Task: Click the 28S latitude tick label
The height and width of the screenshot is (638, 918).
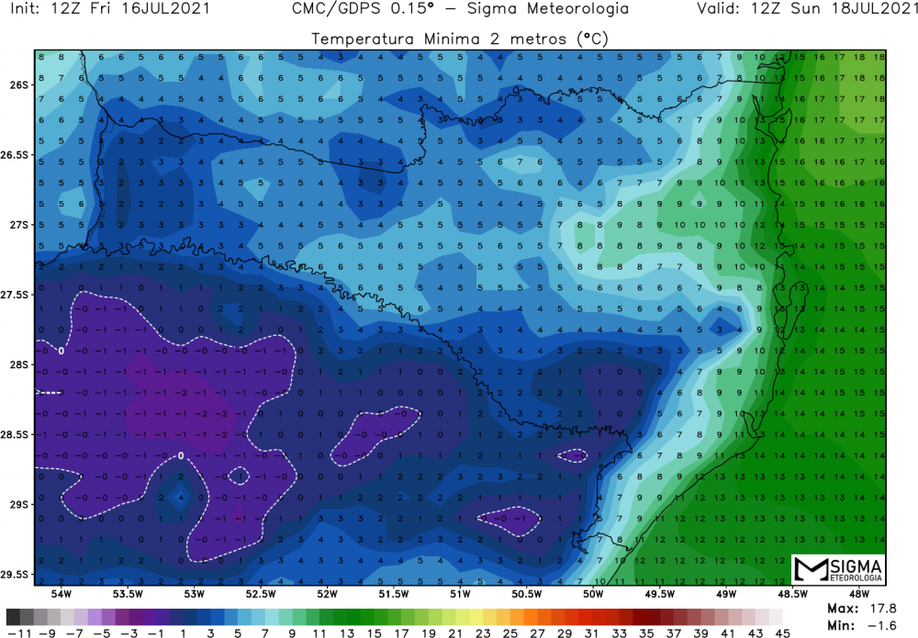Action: [18, 364]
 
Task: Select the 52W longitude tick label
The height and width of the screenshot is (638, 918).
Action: [327, 593]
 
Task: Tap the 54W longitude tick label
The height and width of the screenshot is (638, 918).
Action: [62, 593]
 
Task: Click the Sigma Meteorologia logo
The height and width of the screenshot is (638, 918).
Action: [839, 570]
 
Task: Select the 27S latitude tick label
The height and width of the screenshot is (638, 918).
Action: [18, 225]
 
